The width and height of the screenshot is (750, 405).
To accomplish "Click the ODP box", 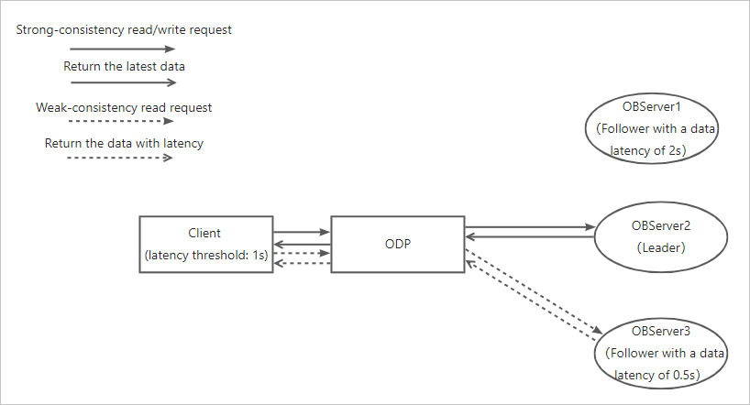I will pos(397,244).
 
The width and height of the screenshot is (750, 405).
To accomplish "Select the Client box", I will pos(205,244).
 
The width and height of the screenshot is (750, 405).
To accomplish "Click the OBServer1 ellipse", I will pos(650,128).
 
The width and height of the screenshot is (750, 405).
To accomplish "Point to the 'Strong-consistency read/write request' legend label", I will pos(124,29).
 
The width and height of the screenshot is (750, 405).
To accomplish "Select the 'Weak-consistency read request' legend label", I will pos(124,107).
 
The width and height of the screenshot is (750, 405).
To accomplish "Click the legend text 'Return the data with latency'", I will pos(124,144).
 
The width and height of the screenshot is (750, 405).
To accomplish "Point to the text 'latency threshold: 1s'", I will pos(206,255).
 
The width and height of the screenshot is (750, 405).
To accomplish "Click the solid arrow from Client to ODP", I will pos(302,233).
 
